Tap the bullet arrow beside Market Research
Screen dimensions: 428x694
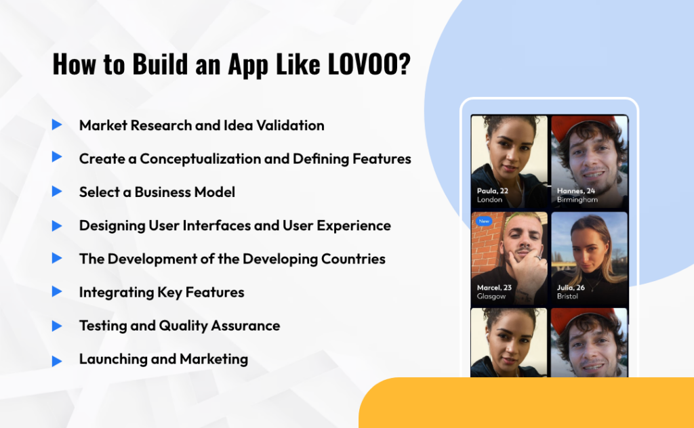[57, 125]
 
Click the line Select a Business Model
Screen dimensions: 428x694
[157, 192]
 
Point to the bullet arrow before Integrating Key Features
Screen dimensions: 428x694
[57, 292]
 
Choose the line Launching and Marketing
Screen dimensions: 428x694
[163, 359]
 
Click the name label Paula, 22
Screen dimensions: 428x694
[493, 191]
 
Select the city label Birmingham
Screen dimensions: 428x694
[577, 200]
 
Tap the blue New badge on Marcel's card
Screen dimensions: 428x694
[484, 221]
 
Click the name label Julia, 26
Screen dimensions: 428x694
[571, 288]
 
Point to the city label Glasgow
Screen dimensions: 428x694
[491, 297]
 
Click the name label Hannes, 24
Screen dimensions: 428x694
[576, 191]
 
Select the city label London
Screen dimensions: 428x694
[489, 200]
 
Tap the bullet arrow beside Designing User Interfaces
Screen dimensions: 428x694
[57, 225]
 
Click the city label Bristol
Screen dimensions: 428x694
[567, 297]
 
